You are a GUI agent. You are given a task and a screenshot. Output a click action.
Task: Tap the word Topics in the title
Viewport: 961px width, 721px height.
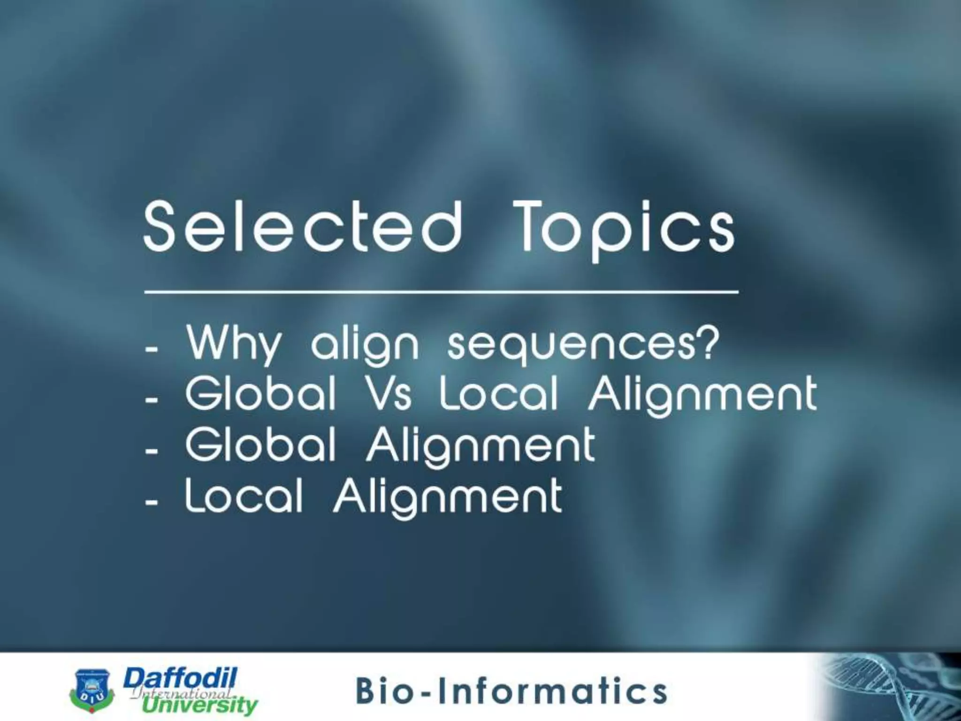(624, 228)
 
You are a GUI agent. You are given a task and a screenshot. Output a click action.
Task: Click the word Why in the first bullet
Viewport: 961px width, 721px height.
(233, 344)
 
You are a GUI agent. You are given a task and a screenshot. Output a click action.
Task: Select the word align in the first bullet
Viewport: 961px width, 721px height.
(365, 346)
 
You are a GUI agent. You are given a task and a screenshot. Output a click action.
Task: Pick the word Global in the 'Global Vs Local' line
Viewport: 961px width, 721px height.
(261, 395)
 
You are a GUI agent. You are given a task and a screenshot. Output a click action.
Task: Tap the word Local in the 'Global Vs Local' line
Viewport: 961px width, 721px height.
(499, 395)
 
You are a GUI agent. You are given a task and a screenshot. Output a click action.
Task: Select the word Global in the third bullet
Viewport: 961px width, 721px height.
(261, 445)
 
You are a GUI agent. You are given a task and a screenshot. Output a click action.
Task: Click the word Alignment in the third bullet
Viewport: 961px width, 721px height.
(480, 447)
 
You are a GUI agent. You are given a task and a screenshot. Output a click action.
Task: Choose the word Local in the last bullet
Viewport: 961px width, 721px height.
(244, 496)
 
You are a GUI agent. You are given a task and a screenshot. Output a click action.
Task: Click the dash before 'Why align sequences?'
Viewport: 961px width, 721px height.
(152, 350)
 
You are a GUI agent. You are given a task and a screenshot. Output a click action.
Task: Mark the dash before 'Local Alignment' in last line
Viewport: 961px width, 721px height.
(152, 503)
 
